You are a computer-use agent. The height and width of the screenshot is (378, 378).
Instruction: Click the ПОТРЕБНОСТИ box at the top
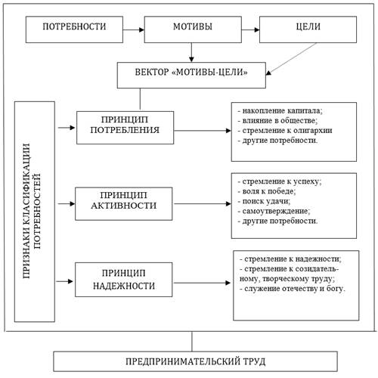(74, 29)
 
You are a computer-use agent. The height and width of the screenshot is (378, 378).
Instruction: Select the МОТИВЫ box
(193, 29)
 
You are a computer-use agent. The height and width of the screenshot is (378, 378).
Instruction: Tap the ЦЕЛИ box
(308, 29)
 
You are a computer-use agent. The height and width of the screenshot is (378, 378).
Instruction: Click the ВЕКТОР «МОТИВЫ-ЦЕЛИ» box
(191, 75)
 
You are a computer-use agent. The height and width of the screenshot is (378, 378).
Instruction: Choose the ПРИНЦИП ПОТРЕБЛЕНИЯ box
(125, 128)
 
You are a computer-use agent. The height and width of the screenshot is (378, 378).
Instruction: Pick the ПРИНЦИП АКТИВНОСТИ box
(124, 203)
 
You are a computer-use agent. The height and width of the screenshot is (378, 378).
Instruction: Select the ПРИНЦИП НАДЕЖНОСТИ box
(124, 280)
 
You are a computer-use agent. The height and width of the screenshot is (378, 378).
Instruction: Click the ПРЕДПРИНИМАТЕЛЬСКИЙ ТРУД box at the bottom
(195, 361)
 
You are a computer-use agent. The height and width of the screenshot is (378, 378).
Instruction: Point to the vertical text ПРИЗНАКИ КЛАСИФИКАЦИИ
(26, 211)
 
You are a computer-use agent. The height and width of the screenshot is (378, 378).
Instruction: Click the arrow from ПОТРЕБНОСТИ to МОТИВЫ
(134, 29)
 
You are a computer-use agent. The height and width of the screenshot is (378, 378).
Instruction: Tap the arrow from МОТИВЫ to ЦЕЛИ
(250, 29)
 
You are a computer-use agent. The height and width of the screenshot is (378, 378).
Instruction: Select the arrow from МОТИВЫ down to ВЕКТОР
(191, 52)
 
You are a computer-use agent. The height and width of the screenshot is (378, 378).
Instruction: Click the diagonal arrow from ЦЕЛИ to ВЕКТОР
(291, 59)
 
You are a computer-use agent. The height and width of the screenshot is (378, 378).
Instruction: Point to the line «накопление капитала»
(280, 110)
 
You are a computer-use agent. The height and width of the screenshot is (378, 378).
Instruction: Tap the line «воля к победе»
(267, 191)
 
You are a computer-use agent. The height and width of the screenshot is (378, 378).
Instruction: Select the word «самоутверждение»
(276, 211)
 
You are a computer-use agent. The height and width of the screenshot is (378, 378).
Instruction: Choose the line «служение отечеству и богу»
(293, 289)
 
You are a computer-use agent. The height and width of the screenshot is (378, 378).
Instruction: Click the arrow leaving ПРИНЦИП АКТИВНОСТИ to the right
(202, 203)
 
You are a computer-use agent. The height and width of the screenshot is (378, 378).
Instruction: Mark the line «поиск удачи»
(264, 201)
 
